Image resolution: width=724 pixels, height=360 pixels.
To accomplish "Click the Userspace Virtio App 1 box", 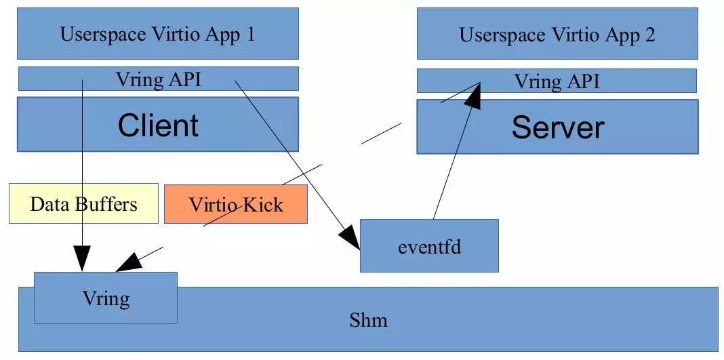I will [x=158, y=34].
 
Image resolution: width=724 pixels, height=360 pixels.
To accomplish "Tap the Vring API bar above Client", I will [x=158, y=79].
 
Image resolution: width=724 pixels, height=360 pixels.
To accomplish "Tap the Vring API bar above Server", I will [x=557, y=82].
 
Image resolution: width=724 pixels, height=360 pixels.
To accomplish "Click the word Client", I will [x=158, y=125].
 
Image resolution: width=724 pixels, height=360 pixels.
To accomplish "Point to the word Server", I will [x=557, y=127].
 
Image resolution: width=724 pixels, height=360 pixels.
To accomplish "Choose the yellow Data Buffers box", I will [x=83, y=203].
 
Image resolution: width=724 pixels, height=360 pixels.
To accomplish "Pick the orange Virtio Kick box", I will [x=235, y=204].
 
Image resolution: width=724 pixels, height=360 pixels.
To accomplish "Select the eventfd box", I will [x=429, y=245].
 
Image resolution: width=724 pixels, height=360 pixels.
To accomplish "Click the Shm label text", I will [x=368, y=319].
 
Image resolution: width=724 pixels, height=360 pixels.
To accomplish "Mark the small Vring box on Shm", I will [x=106, y=298].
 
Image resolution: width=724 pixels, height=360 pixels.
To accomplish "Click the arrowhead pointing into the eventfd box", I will [x=350, y=241].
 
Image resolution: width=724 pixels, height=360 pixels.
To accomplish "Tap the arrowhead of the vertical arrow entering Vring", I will [x=81, y=261].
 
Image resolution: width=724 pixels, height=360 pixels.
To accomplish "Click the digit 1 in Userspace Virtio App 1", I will [x=250, y=34].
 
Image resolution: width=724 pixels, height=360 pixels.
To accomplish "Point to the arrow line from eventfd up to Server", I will [x=451, y=163].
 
